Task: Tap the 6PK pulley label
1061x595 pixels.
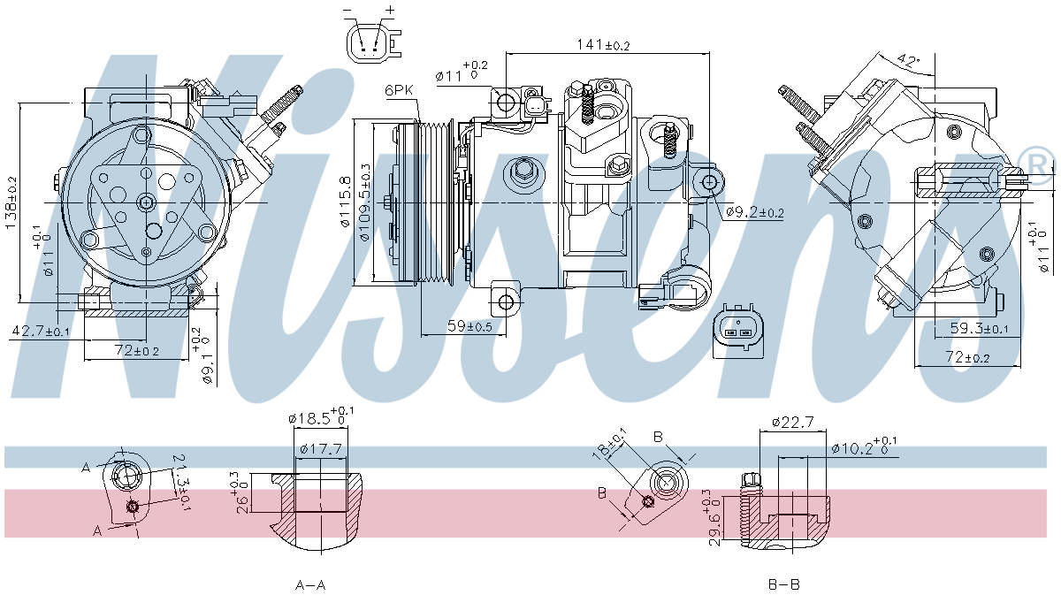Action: [x=400, y=90]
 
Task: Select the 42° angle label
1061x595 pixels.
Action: [x=907, y=61]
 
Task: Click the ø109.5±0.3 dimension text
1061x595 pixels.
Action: [x=366, y=202]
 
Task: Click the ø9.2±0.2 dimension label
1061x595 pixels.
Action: [x=754, y=212]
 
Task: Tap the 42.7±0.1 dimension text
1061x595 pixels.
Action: [x=41, y=331]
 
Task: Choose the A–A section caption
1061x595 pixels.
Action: [x=309, y=584]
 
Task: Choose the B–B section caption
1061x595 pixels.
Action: [x=784, y=584]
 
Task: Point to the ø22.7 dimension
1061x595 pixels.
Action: [x=791, y=423]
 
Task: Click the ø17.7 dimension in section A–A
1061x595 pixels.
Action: [x=320, y=449]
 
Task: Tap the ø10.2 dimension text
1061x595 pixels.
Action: [x=862, y=448]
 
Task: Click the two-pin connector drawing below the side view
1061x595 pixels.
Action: [x=737, y=334]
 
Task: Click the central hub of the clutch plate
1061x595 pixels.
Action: [x=146, y=202]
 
